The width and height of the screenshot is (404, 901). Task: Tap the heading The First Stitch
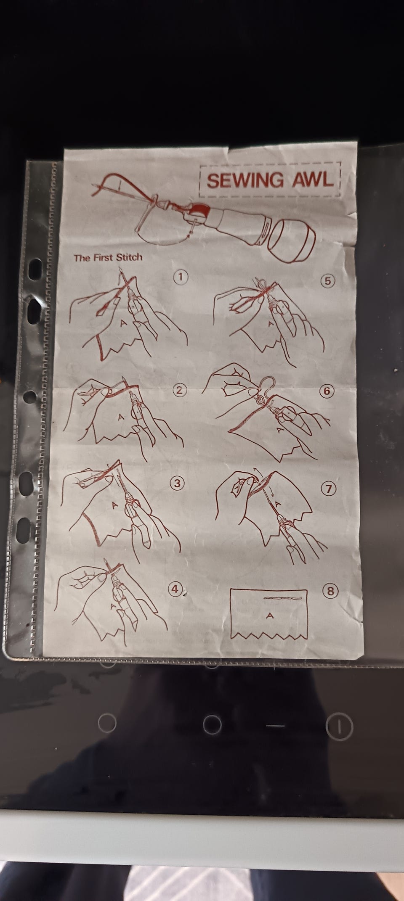108,257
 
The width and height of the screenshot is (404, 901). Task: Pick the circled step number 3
178,484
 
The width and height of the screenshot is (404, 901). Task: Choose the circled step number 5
329,281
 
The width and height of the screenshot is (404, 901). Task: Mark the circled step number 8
330,591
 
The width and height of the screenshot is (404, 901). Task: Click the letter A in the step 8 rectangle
270,616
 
